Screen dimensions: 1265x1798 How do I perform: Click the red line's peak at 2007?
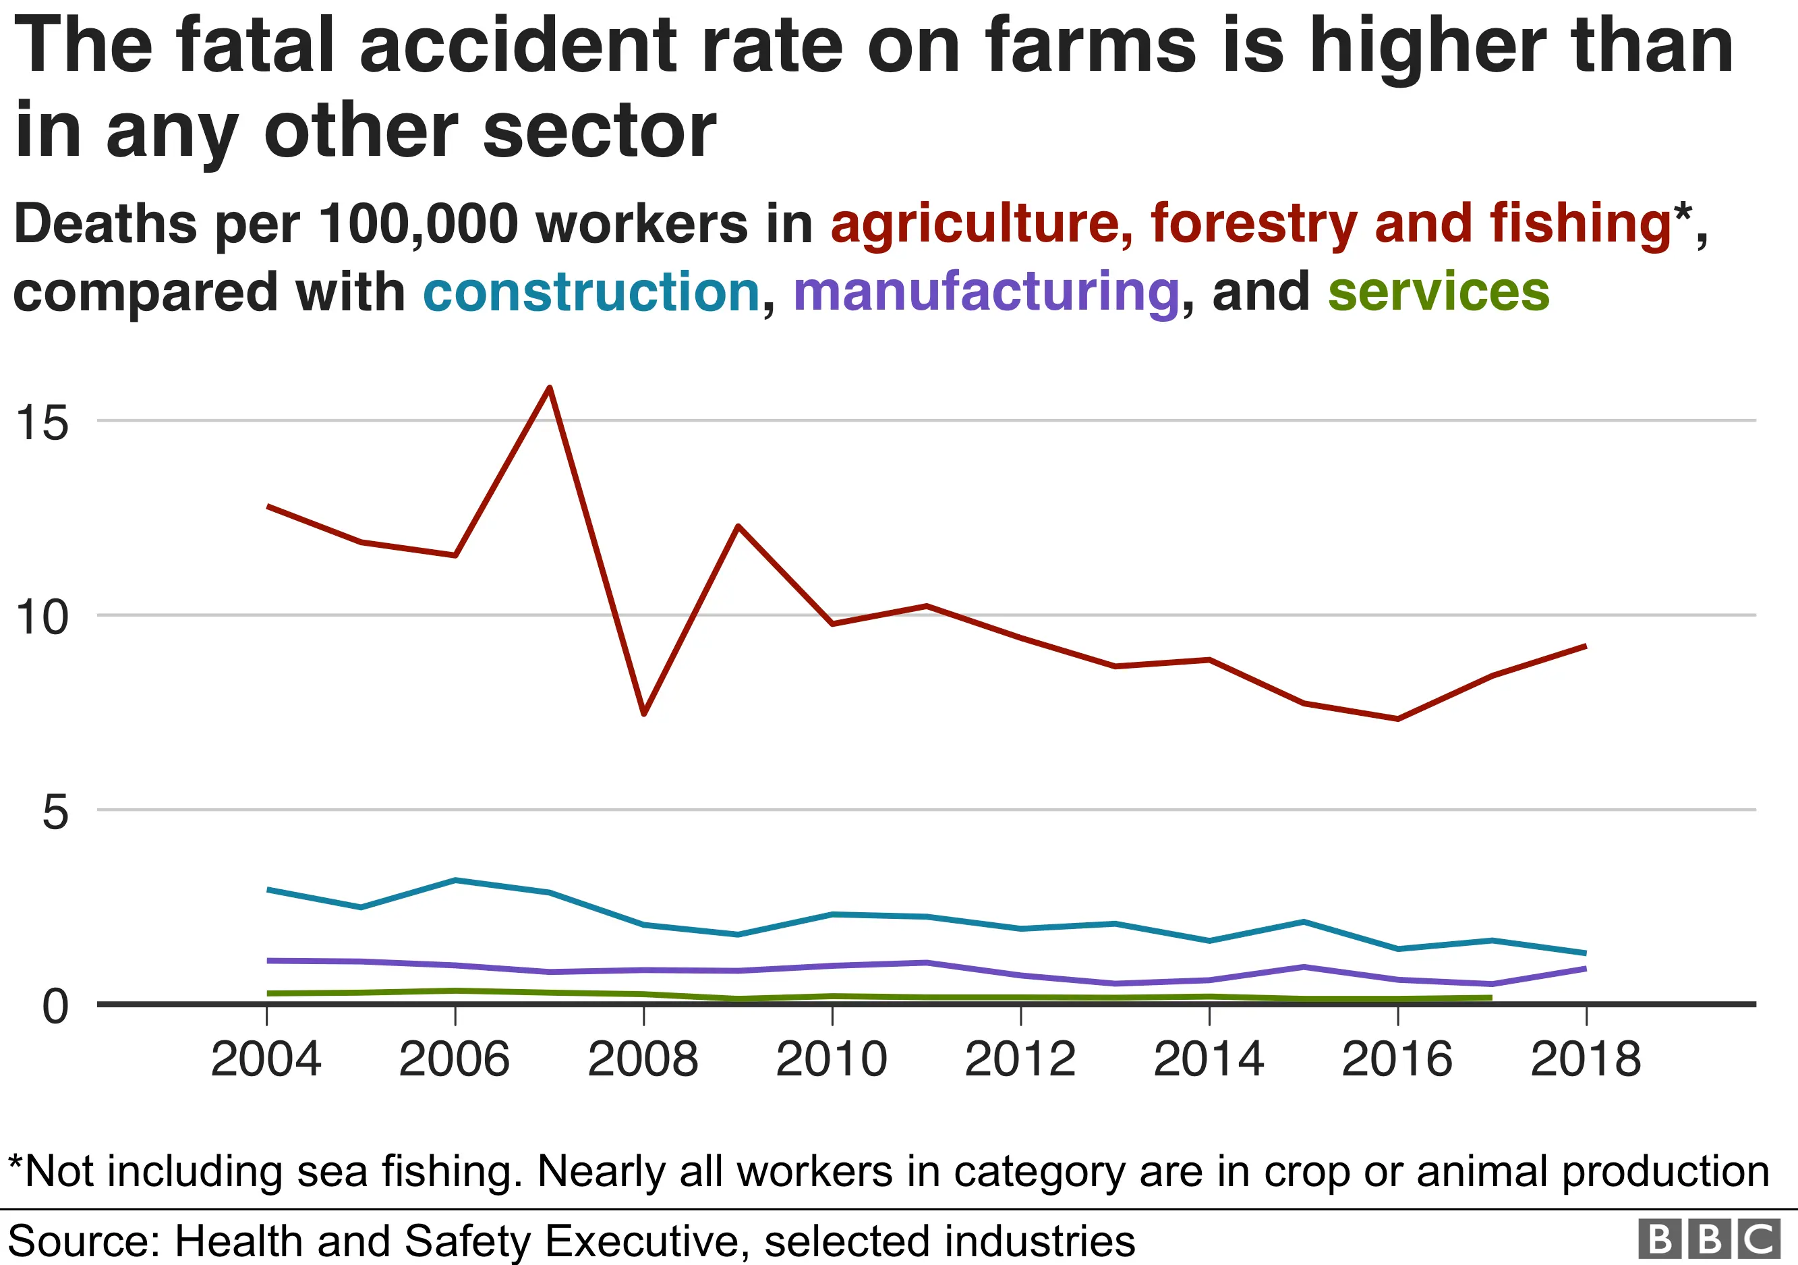pyautogui.click(x=550, y=388)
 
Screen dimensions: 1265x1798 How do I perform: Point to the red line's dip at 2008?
pyautogui.click(x=643, y=714)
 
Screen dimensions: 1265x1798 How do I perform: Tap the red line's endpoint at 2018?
pyautogui.click(x=1586, y=646)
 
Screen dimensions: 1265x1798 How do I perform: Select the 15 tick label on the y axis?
pyautogui.click(x=42, y=423)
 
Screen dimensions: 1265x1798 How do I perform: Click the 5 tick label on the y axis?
pyautogui.click(x=55, y=812)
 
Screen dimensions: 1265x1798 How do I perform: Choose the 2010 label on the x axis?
pyautogui.click(x=832, y=1060)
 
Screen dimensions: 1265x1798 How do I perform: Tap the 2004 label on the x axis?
pyautogui.click(x=266, y=1060)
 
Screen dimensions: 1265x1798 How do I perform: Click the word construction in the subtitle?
pyautogui.click(x=592, y=292)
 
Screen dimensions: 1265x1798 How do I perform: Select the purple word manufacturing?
pyautogui.click(x=986, y=292)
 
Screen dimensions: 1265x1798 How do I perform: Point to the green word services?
pyautogui.click(x=1439, y=292)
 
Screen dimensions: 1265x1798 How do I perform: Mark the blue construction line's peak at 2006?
pyautogui.click(x=456, y=880)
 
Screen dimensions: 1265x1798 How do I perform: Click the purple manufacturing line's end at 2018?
pyautogui.click(x=1586, y=969)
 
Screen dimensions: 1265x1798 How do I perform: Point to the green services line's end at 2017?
pyautogui.click(x=1491, y=998)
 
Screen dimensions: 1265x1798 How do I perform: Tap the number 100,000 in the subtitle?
pyautogui.click(x=418, y=224)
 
